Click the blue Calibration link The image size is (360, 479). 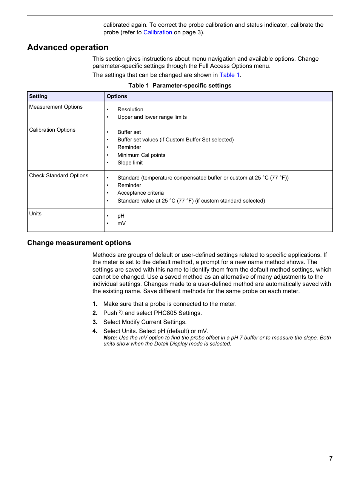[x=157, y=32]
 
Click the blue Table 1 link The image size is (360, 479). [x=229, y=75]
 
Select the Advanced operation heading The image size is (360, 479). [x=68, y=48]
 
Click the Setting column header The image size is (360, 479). [x=38, y=97]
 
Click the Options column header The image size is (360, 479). [x=117, y=97]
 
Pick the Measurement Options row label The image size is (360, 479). [x=56, y=107]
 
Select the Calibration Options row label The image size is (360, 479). [x=52, y=130]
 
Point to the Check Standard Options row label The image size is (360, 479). [x=58, y=176]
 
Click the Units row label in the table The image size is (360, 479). [x=35, y=214]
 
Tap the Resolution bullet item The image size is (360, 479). [x=130, y=110]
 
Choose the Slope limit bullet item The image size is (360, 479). [x=130, y=163]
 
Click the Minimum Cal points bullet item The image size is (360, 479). [x=141, y=155]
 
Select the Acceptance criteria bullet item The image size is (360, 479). [x=140, y=193]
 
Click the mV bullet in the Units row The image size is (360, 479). [x=122, y=224]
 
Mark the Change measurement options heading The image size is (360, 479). [x=79, y=243]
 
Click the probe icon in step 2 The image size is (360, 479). [x=121, y=313]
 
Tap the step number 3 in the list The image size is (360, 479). [x=95, y=322]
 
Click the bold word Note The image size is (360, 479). [x=110, y=338]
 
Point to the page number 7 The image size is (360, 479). [x=331, y=459]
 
